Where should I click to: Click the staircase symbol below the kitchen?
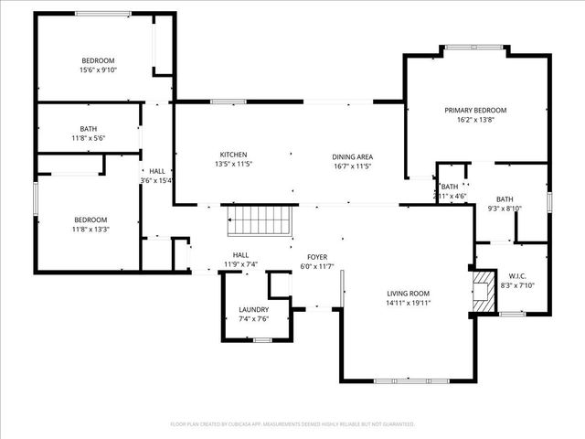pos(260,220)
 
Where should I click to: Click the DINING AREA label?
pos(352,155)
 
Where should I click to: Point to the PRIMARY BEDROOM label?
pos(475,110)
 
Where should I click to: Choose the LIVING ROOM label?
pos(408,293)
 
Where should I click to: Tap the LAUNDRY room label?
pos(253,309)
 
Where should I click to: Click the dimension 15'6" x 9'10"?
pos(99,70)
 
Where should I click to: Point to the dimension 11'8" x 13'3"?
pos(90,230)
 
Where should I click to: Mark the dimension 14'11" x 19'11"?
pos(408,303)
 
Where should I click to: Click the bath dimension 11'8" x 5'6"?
pos(88,138)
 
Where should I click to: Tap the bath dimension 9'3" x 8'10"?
pos(505,209)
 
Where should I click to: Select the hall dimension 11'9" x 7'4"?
pos(241,265)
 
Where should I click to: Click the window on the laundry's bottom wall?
pos(262,340)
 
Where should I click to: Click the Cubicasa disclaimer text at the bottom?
pos(292,424)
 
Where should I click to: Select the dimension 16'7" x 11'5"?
pos(352,166)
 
